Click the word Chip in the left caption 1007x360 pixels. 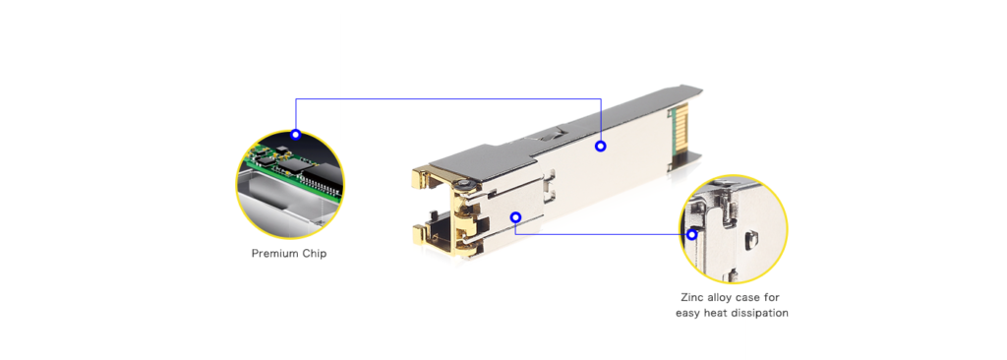tap(315, 254)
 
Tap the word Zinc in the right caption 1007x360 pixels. tap(694, 296)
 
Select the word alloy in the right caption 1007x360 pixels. tap(728, 296)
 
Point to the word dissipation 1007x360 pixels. tap(758, 313)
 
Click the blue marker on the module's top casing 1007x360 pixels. tap(600, 147)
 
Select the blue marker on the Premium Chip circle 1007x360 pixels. tap(295, 134)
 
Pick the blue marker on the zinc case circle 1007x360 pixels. tap(692, 234)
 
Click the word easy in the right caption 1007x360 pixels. tap(688, 313)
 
